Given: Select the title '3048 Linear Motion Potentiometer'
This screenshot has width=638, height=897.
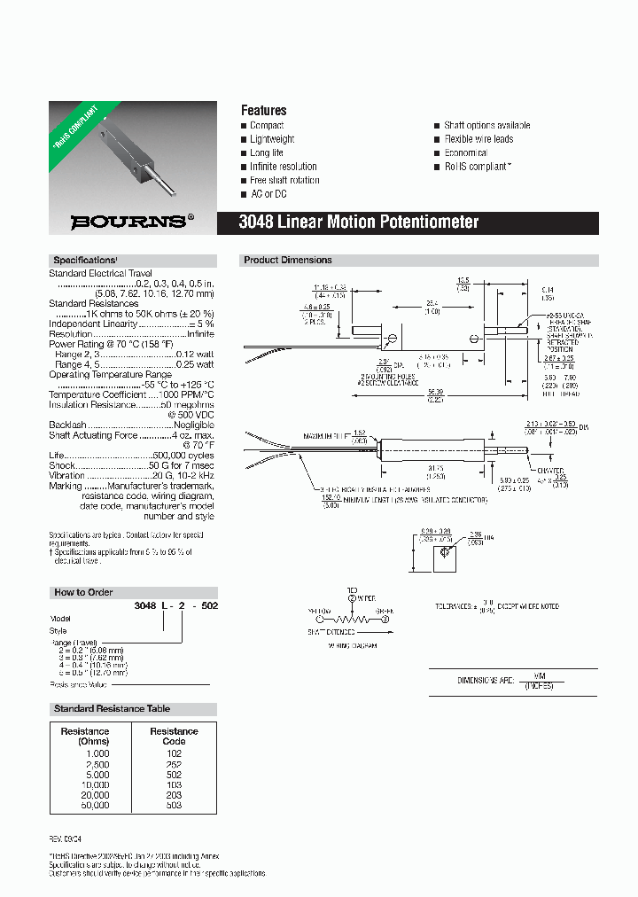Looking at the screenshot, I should coord(359,222).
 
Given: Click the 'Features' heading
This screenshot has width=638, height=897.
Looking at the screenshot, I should coord(264,111).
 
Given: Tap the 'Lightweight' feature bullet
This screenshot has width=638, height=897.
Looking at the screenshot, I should coord(272,139).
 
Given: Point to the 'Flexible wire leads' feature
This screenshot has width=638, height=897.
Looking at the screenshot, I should coord(478,139).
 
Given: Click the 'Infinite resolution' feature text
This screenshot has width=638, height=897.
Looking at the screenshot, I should coord(283,167).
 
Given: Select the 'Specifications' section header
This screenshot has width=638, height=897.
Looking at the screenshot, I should coord(85,261).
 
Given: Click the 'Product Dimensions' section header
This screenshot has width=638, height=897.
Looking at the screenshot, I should coord(288,261).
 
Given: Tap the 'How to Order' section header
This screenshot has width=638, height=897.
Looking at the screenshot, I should coord(83,592).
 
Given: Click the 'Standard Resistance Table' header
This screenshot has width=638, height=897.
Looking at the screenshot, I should coord(112,709).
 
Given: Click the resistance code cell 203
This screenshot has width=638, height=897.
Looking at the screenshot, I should coord(174,794).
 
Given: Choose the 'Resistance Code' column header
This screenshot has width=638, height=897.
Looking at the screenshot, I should coord(174,736).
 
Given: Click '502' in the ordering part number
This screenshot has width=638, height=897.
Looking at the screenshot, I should coord(208,605).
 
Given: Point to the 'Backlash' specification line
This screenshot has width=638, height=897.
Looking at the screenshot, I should coord(68,425).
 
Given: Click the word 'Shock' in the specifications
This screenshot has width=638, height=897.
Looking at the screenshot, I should coord(60,464).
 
